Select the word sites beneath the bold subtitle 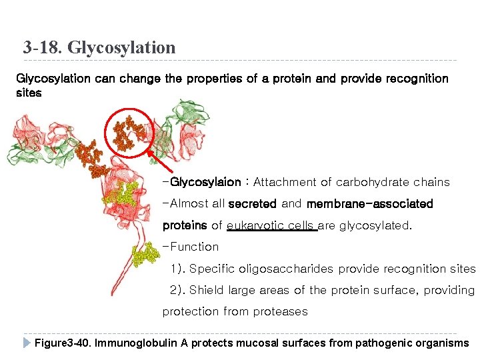click(x=29, y=93)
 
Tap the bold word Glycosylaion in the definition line click(x=205, y=182)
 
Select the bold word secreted click(x=253, y=203)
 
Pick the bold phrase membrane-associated click(x=369, y=203)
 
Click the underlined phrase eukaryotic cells click(x=271, y=225)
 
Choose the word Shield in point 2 click(x=206, y=290)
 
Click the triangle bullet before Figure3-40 click(x=26, y=343)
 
